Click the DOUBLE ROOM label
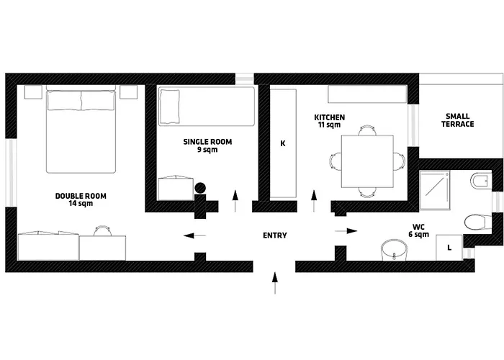(74, 199)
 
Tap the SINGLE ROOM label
(207, 146)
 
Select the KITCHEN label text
(330, 121)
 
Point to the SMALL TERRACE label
(458, 120)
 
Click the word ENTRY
(275, 235)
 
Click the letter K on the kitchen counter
(283, 143)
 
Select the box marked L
(449, 248)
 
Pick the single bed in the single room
(207, 105)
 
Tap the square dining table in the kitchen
(367, 159)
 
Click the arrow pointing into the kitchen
(314, 199)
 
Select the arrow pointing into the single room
(235, 199)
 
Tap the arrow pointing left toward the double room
(194, 235)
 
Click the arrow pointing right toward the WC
(347, 231)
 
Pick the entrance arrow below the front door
(274, 283)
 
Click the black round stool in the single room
(200, 189)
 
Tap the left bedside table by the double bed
(32, 92)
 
